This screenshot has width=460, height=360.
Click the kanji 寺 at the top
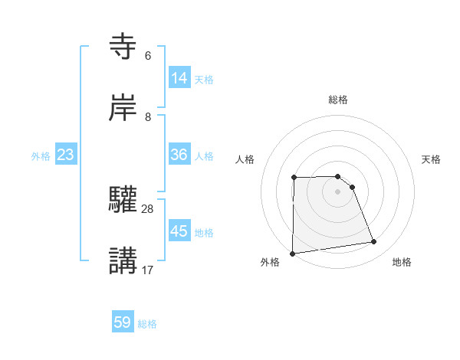[x=123, y=47]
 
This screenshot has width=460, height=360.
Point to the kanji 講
[x=123, y=261]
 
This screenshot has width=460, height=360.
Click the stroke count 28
[x=148, y=208]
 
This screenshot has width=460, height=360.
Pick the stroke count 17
[x=148, y=270]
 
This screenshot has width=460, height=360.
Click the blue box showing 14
[x=179, y=77]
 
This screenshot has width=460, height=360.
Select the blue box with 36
[x=179, y=154]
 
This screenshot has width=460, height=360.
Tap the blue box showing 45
[x=179, y=231]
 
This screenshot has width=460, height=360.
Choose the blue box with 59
[x=123, y=322]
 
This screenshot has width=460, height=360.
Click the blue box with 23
[x=66, y=155]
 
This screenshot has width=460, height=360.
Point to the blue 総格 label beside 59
[x=147, y=324]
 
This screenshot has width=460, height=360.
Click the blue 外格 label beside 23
[x=41, y=155]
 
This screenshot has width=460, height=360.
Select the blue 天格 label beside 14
[x=204, y=79]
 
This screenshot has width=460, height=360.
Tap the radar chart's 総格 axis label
[x=338, y=100]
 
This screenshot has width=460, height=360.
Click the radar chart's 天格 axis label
[x=432, y=159]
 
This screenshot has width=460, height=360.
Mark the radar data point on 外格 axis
[x=292, y=254]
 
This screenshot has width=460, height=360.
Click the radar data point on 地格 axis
[x=374, y=242]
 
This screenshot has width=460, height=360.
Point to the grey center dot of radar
[x=338, y=191]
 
